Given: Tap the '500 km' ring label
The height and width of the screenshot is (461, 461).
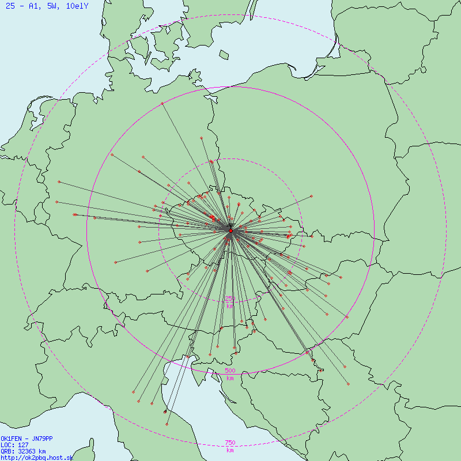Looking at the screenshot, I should click(230, 374).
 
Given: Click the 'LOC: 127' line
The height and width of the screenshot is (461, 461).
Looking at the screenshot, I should click(13, 445).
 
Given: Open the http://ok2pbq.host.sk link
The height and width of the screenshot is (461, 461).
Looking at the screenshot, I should click(36, 458).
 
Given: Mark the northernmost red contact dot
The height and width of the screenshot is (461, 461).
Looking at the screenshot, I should click(163, 103).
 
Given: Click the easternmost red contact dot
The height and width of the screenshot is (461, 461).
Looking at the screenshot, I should click(349, 384).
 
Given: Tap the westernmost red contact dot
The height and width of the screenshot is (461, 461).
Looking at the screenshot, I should click(56, 202).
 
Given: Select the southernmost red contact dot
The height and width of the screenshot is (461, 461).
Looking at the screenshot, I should click(138, 401).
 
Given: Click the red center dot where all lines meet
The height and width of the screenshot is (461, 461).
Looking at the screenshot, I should click(231, 231).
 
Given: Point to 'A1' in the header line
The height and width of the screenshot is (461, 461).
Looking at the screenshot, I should click(34, 6).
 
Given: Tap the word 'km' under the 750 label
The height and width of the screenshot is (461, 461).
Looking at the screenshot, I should click(230, 450).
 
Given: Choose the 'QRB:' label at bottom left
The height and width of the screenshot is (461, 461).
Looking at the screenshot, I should click(8, 451).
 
